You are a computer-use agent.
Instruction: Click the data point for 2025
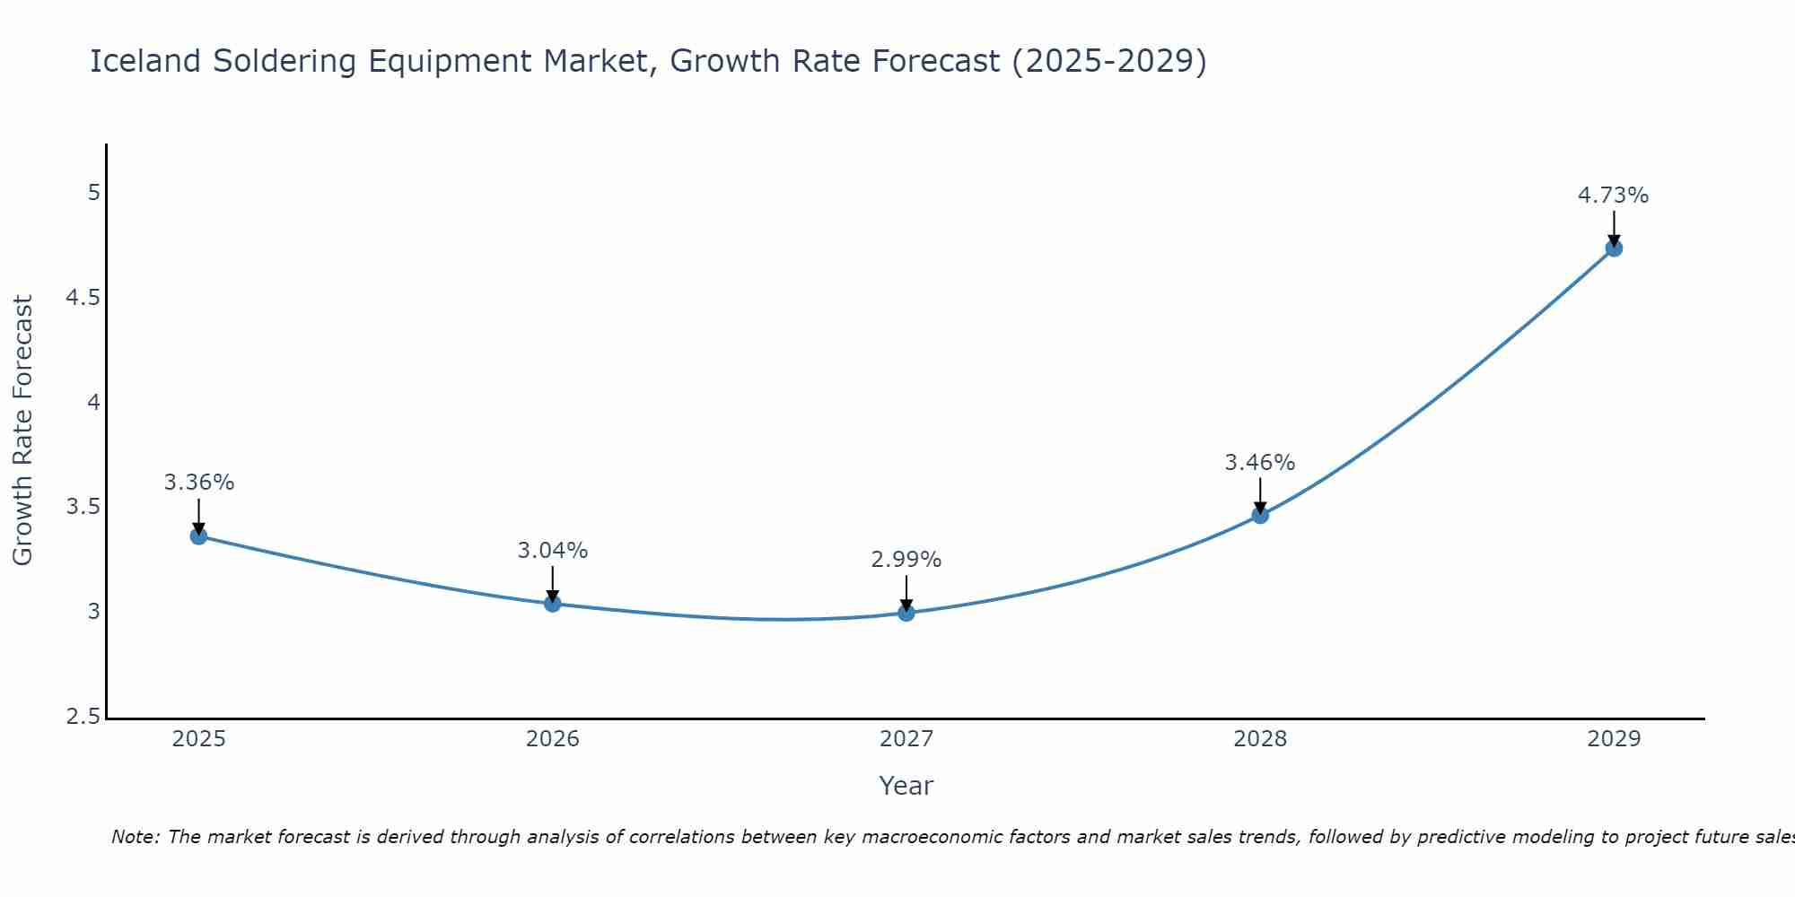pyautogui.click(x=198, y=536)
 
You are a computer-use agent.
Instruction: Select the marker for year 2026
pyautogui.click(x=552, y=604)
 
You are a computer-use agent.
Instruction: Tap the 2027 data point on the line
pyautogui.click(x=906, y=614)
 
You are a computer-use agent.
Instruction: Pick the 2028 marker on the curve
pyautogui.click(x=1260, y=515)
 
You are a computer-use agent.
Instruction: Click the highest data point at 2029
pyautogui.click(x=1614, y=248)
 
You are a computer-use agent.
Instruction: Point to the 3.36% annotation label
pyautogui.click(x=198, y=483)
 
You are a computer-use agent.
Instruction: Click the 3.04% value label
pyautogui.click(x=552, y=551)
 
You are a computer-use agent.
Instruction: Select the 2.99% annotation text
pyautogui.click(x=906, y=560)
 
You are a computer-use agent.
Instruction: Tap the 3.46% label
pyautogui.click(x=1260, y=463)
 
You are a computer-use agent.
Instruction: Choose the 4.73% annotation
pyautogui.click(x=1614, y=196)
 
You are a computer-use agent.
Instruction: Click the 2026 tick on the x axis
pyautogui.click(x=552, y=739)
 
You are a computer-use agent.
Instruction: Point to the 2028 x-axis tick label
pyautogui.click(x=1260, y=739)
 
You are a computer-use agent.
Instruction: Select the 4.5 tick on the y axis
pyautogui.click(x=83, y=298)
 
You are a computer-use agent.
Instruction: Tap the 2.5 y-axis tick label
pyautogui.click(x=83, y=717)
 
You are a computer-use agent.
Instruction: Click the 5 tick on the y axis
pyautogui.click(x=93, y=193)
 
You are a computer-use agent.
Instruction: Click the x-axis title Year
pyautogui.click(x=906, y=786)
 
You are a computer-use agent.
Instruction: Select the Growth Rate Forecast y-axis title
pyautogui.click(x=22, y=431)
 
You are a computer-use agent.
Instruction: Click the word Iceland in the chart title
pyautogui.click(x=145, y=61)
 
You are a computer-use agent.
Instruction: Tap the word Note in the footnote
pyautogui.click(x=135, y=837)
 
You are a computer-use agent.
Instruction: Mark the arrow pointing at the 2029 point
pyautogui.click(x=1614, y=229)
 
